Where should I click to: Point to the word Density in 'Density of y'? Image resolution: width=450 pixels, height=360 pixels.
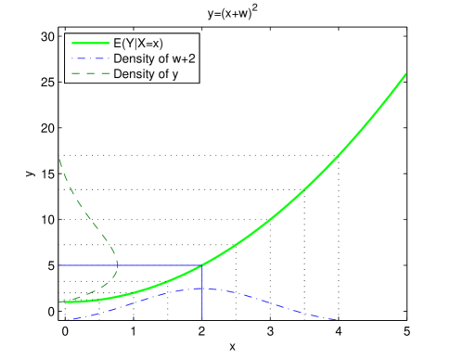[x=132, y=72]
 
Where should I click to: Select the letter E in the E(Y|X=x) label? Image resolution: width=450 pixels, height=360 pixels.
[x=116, y=43]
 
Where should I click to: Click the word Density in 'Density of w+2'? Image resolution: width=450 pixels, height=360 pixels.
[x=132, y=58]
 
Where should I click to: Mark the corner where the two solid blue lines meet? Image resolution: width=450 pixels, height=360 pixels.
[x=202, y=265]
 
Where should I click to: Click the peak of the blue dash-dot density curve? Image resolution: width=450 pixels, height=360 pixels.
[x=202, y=289]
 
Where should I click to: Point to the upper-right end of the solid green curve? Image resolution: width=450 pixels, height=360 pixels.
[x=406, y=74]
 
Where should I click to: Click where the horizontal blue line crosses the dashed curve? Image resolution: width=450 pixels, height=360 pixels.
[x=118, y=265]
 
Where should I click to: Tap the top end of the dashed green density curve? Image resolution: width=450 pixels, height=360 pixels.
[x=58, y=159]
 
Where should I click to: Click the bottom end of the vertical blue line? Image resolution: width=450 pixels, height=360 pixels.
[x=202, y=320]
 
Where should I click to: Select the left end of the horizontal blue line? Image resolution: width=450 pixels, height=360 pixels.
[x=58, y=265]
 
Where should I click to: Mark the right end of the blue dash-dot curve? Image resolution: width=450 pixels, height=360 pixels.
[x=337, y=320]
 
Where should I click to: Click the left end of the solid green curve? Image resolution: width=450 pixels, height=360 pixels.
[x=58, y=301]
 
